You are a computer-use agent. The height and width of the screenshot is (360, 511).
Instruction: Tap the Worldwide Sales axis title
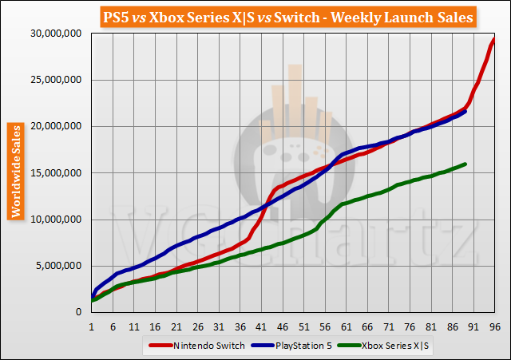15,171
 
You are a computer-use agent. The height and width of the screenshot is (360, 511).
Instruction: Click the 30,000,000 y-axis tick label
55,34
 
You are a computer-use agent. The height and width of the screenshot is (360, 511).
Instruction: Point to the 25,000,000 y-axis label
55,80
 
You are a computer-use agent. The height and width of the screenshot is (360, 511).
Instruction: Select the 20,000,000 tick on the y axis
55,126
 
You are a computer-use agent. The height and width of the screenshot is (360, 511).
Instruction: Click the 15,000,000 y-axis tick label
55,172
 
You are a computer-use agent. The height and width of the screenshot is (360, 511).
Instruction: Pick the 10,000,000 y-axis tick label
55,220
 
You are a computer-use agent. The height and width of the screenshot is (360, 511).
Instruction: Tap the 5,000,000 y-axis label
58,266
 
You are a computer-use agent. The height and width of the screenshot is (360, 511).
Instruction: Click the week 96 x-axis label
494,326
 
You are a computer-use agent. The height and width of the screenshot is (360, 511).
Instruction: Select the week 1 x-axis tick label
92,326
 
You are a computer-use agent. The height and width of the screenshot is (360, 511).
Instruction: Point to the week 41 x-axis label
261,326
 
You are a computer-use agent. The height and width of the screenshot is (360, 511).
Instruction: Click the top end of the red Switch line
494,39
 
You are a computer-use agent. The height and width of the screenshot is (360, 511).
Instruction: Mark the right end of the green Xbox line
465,164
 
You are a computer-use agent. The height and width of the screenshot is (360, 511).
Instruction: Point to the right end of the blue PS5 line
465,111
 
